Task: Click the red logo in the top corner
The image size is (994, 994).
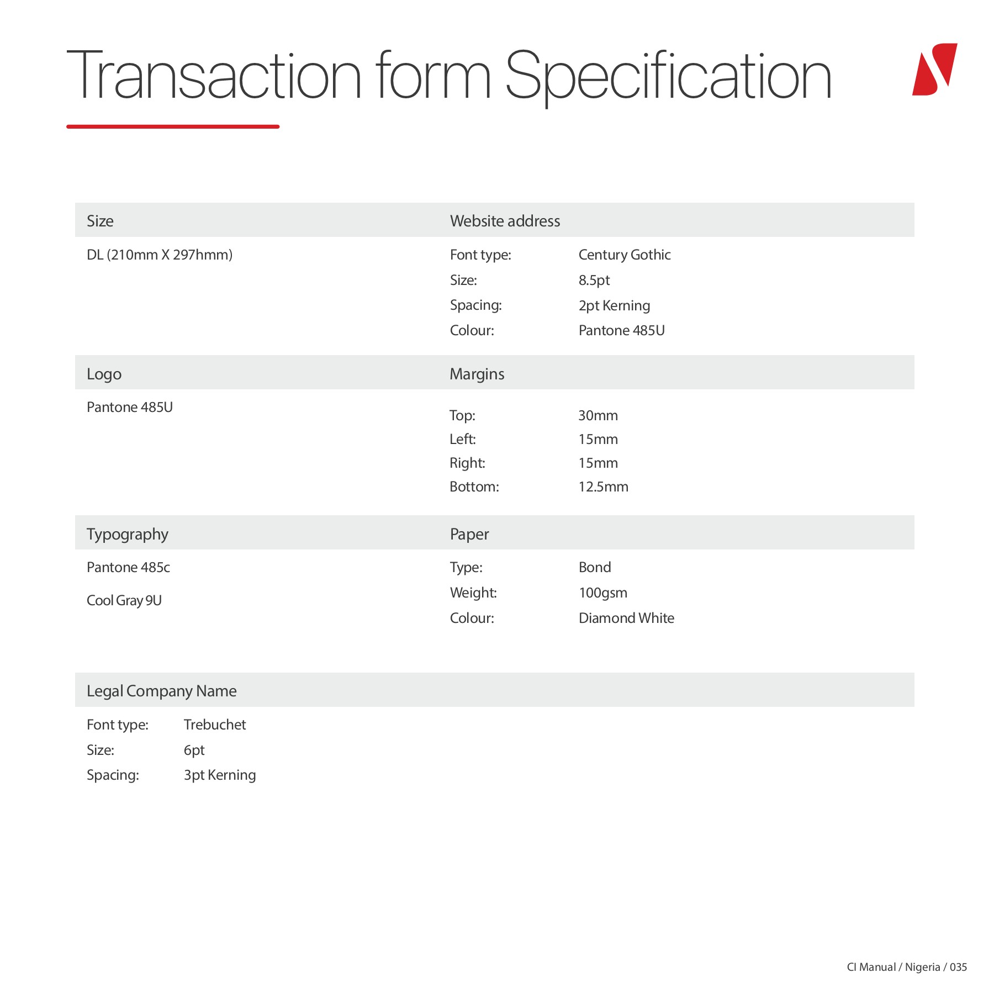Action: (934, 70)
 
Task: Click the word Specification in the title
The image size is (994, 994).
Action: (668, 76)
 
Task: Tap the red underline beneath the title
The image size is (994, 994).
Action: (173, 126)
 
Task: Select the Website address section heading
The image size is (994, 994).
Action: (505, 221)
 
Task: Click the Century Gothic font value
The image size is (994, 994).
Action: (624, 255)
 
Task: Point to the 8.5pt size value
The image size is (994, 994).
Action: (594, 280)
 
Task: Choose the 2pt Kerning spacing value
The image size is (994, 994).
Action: (614, 305)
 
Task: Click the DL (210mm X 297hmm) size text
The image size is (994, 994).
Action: (160, 255)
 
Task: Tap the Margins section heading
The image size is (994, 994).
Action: (477, 374)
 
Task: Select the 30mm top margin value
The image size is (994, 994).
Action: (598, 415)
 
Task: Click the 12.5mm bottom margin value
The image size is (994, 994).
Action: (603, 487)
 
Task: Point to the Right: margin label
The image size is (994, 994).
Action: (467, 463)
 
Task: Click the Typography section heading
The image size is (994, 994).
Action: (127, 534)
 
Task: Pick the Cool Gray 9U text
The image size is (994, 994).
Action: (124, 600)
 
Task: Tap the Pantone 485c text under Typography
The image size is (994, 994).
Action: (128, 567)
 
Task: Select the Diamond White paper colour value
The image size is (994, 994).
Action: (626, 618)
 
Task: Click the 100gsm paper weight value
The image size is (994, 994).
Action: (602, 593)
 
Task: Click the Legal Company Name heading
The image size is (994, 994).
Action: (161, 691)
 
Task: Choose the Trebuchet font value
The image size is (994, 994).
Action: (214, 725)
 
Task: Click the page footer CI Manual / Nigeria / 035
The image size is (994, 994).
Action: (907, 967)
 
